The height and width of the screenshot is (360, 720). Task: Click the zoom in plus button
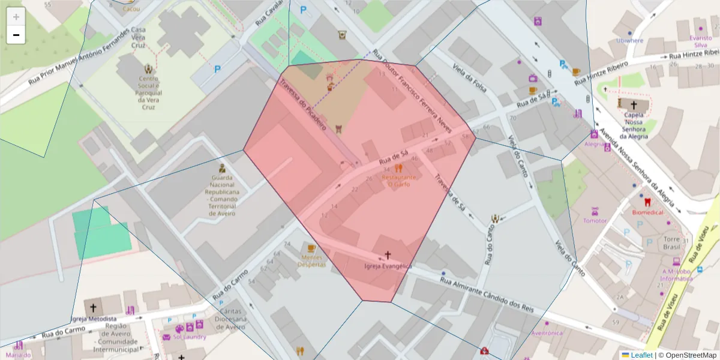pyautogui.click(x=16, y=17)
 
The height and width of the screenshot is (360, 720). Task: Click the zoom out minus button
pyautogui.click(x=16, y=35)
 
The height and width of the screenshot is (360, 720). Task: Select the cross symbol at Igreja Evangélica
pyautogui.click(x=388, y=255)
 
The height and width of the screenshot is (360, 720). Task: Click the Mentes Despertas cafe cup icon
pyautogui.click(x=311, y=248)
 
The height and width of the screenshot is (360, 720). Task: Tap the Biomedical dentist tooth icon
pyautogui.click(x=647, y=202)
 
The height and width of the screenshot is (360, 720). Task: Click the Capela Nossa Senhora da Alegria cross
pyautogui.click(x=634, y=104)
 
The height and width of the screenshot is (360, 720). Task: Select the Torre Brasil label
pyautogui.click(x=670, y=243)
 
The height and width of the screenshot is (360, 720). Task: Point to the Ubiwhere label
pyautogui.click(x=629, y=41)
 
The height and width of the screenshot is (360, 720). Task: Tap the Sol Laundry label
pyautogui.click(x=190, y=337)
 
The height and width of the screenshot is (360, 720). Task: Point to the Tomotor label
pyautogui.click(x=595, y=220)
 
